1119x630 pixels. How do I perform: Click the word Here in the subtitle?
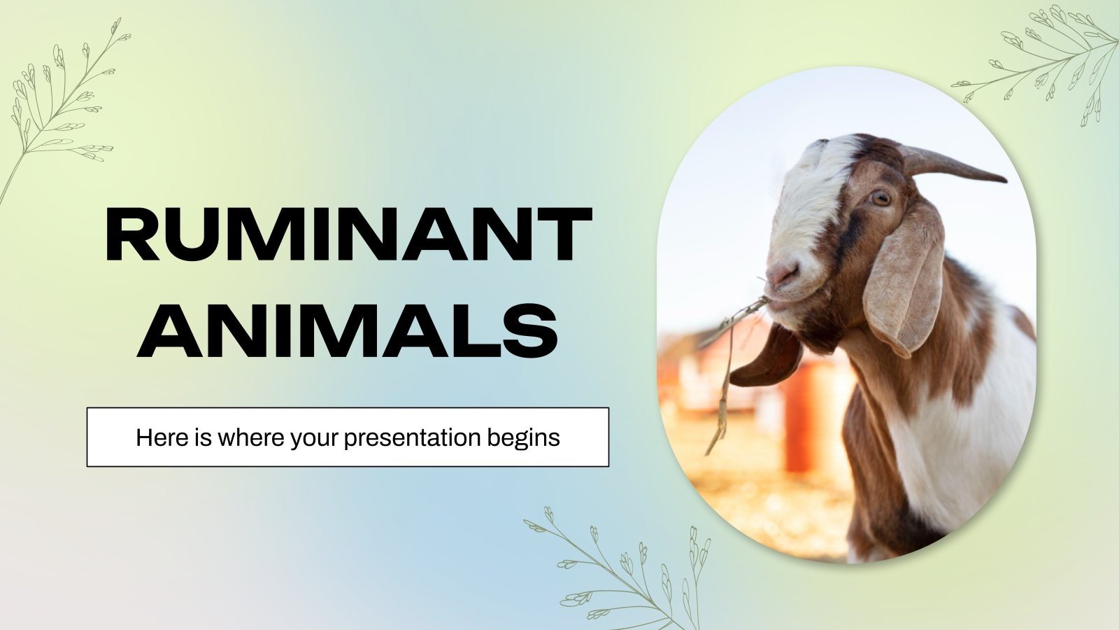point(157,438)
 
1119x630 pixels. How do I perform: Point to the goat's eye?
point(881,198)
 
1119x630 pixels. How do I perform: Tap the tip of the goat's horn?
point(1002,179)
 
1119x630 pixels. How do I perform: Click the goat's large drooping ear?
point(904,280)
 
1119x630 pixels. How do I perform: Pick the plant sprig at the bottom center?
point(622,574)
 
